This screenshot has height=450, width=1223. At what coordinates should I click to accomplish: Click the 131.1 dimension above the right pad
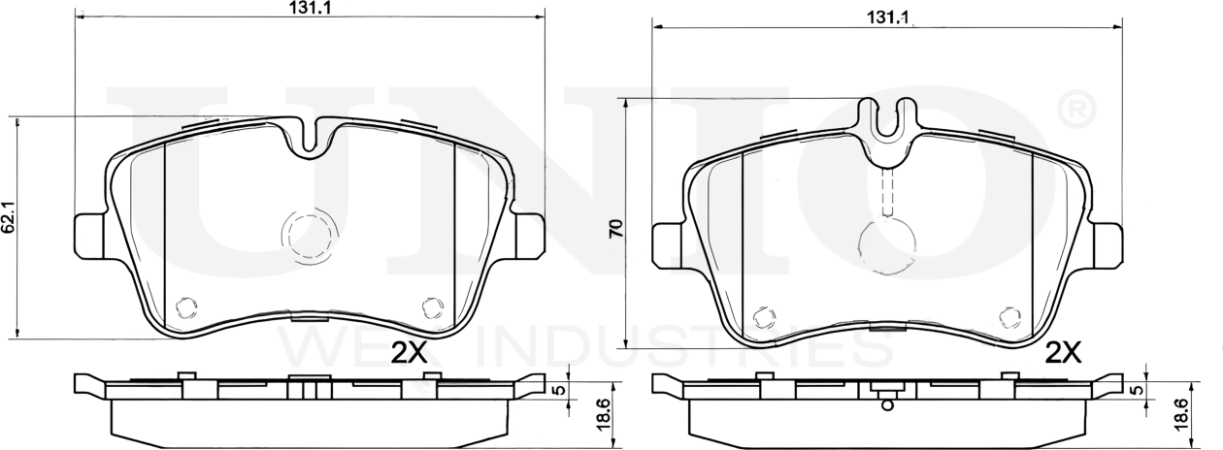click(887, 17)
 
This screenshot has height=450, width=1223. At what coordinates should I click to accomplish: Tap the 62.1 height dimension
click(9, 217)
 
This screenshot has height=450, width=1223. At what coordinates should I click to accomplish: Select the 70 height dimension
click(616, 228)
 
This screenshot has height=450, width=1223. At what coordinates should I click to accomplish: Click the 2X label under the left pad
click(409, 354)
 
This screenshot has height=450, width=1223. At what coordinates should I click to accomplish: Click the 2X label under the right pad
click(1063, 353)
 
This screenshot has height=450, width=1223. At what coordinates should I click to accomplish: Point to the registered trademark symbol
click(1076, 111)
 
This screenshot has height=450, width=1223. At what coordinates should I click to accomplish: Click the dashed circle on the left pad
click(309, 237)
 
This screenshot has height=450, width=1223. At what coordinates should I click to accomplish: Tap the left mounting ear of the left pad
click(89, 235)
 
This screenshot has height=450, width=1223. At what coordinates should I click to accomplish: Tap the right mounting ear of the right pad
click(1107, 245)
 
